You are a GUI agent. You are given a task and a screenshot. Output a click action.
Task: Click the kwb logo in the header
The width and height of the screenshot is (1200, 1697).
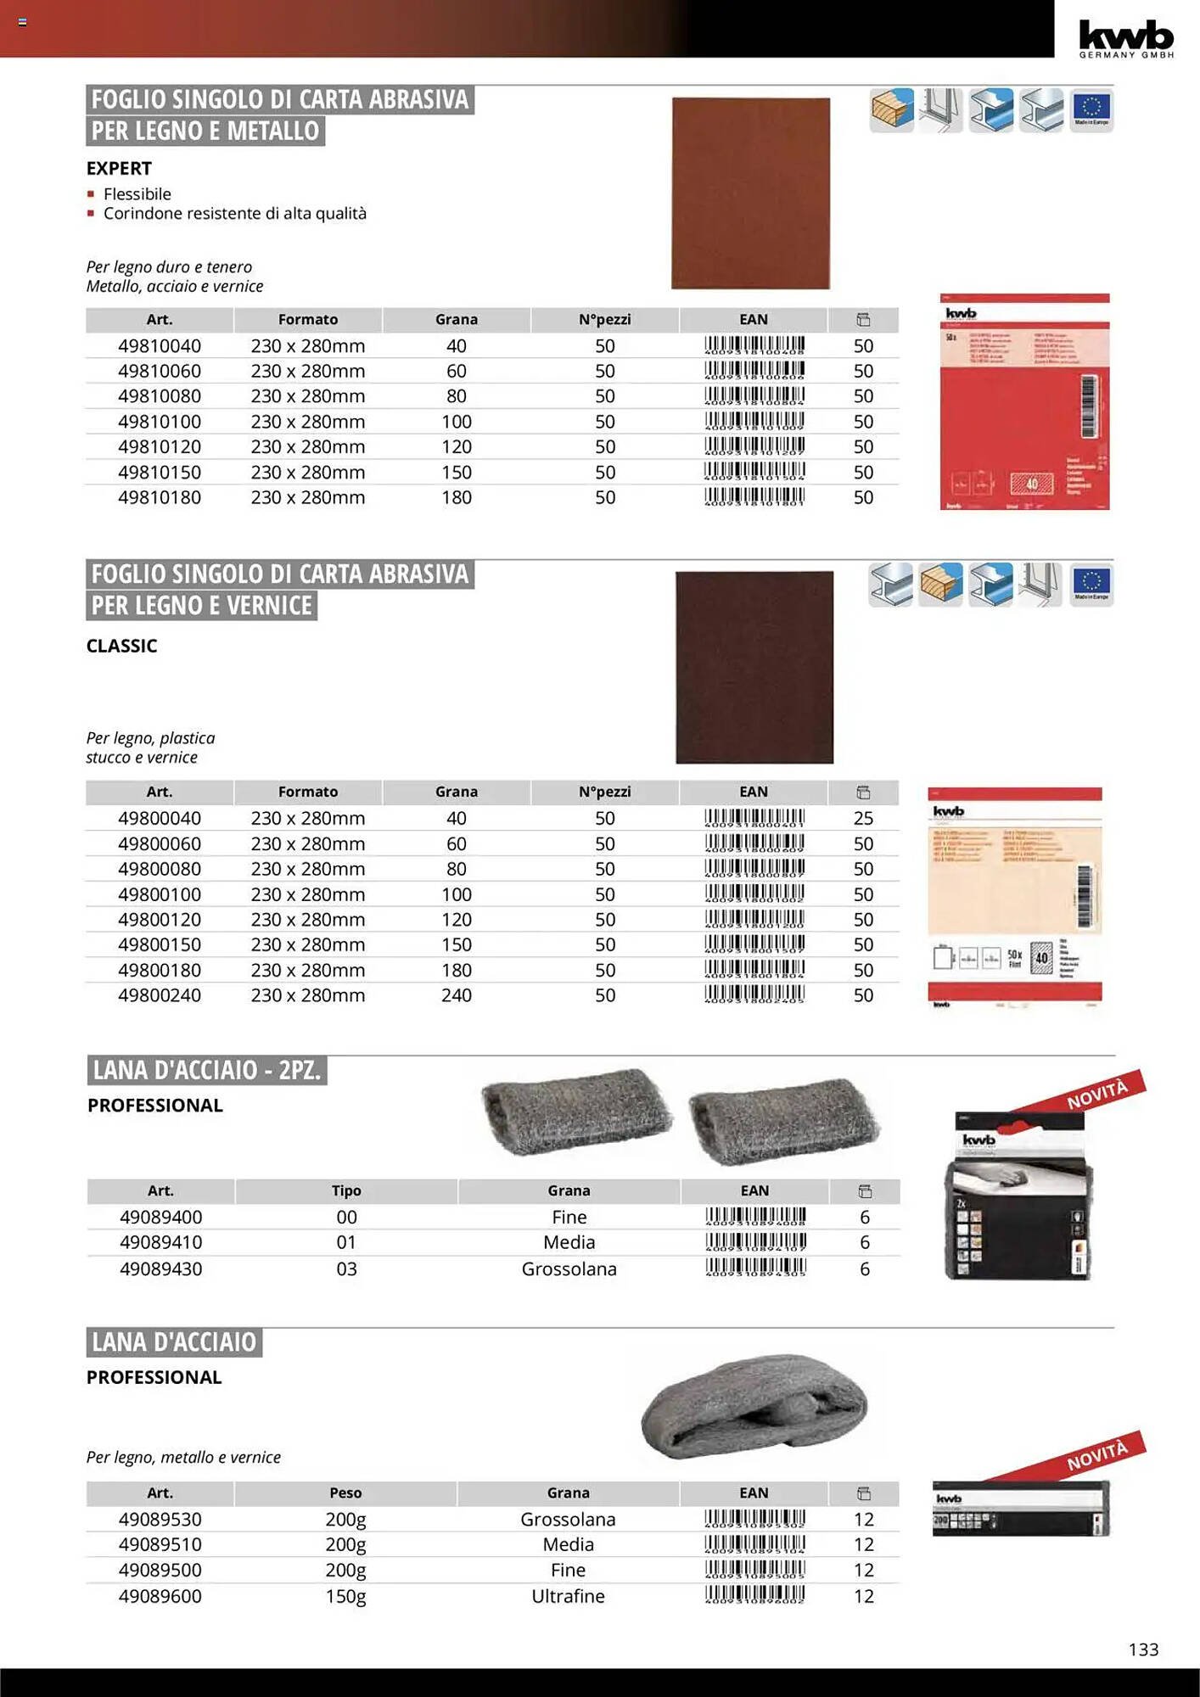pos(1125,37)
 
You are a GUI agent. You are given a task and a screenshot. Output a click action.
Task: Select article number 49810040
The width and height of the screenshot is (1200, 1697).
pos(160,346)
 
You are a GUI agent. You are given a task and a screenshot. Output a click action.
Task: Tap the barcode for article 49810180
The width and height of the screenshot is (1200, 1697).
pos(754,497)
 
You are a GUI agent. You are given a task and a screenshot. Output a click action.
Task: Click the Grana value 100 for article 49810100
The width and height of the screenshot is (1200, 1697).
pos(457,422)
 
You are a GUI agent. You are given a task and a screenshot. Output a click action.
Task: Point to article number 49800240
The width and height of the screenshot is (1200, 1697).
pos(160,995)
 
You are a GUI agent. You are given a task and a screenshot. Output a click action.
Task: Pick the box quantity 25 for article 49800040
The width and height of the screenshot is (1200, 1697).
pos(863,819)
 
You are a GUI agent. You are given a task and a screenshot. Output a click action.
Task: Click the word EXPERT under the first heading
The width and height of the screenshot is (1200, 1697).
pos(119,168)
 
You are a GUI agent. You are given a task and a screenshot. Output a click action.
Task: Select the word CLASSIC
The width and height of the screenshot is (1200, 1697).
pos(121,646)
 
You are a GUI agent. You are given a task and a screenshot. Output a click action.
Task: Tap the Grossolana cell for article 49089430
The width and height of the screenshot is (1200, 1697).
pos(569,1269)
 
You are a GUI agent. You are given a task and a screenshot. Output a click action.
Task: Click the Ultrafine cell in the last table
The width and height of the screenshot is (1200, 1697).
pos(568,1596)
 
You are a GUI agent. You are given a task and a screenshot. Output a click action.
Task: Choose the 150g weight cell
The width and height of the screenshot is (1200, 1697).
pos(345,1596)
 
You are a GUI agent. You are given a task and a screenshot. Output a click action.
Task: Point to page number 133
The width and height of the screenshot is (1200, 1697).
pos(1143,1649)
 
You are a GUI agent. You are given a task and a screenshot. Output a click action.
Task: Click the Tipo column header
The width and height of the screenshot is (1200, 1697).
pos(346,1190)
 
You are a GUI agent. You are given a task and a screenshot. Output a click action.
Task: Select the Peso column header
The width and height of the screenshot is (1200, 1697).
pos(345,1493)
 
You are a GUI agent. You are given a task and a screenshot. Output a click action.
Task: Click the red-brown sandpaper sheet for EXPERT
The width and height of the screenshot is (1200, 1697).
pos(750,193)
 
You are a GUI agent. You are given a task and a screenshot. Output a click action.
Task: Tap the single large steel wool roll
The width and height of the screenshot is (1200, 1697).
pos(754,1407)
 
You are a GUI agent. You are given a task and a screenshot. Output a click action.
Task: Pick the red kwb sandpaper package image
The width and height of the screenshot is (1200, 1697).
pos(1024,401)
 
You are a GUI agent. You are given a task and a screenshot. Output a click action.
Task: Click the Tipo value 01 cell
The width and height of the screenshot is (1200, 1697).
pos(346,1242)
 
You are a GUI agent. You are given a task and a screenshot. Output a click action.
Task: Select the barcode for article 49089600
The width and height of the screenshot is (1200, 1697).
pos(754,1595)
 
